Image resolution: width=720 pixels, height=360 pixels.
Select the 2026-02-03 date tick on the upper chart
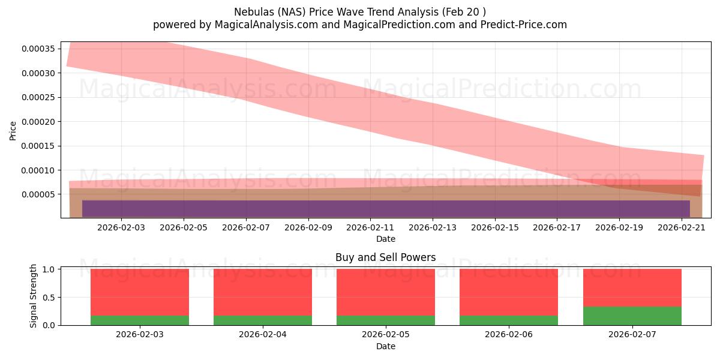click(121, 227)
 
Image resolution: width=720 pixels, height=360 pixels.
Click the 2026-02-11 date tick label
click(370, 227)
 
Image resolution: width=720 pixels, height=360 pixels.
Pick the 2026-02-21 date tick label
click(682, 227)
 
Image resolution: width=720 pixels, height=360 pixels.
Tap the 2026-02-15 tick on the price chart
click(495, 227)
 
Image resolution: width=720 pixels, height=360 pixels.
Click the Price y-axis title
click(13, 130)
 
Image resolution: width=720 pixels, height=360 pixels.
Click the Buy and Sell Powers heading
click(385, 257)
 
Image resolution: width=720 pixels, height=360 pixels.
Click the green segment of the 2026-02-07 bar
click(632, 316)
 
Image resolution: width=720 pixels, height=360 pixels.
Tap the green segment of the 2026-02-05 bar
click(386, 320)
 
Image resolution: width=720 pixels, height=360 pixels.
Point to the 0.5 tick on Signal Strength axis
click(51, 298)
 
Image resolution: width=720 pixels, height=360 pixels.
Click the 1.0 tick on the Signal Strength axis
click(51, 269)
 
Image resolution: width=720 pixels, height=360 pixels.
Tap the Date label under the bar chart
click(385, 346)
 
